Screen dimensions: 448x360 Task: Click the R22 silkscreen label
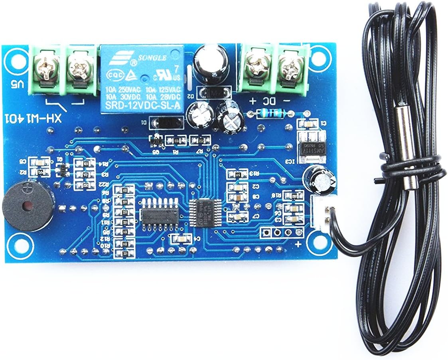click(104, 184)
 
